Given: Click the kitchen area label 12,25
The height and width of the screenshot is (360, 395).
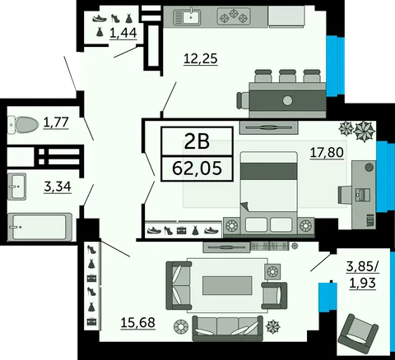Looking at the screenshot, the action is (x=201, y=59).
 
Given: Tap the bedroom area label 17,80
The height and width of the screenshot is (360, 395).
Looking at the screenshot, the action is (x=327, y=152).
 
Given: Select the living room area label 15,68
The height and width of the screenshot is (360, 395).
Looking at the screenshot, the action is (x=138, y=322).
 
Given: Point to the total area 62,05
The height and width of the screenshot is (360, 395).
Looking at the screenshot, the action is (x=197, y=168).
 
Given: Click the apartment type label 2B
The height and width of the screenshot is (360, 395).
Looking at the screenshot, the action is (x=197, y=141).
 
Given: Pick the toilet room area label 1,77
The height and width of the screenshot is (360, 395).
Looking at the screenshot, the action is (x=56, y=122).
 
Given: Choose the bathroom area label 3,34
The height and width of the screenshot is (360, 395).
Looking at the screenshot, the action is (x=58, y=187).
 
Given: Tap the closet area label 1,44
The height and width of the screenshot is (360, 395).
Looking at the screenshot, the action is (x=123, y=33).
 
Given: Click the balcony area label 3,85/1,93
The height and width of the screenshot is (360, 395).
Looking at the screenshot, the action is (x=363, y=275).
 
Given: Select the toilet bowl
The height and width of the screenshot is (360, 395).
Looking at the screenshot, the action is (x=23, y=125).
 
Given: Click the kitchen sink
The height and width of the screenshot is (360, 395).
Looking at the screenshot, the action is (x=187, y=17).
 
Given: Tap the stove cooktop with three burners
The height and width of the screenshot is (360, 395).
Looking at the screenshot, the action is (x=234, y=16).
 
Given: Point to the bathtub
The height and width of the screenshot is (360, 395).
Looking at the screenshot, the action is (x=40, y=228).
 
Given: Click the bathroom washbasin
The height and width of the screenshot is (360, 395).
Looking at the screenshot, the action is (x=16, y=187).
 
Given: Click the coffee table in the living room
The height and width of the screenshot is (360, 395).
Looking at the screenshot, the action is (x=227, y=285).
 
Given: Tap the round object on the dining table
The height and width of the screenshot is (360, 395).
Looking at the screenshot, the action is (x=287, y=100).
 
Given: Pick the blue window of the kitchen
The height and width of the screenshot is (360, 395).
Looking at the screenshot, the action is (x=335, y=66).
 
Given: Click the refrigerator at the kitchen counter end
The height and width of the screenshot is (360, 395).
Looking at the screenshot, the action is (x=286, y=16).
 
